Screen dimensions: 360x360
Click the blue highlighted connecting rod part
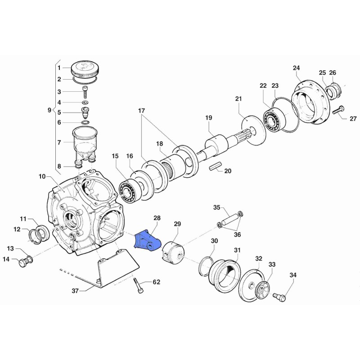click(147, 240)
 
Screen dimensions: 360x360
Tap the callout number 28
click(157, 218)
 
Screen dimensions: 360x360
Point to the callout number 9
click(49, 109)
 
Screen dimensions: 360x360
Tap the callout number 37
click(76, 291)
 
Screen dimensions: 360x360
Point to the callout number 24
click(296, 68)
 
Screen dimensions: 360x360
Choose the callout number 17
click(141, 110)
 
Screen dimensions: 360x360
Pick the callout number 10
click(42, 177)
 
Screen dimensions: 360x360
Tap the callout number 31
click(237, 250)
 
